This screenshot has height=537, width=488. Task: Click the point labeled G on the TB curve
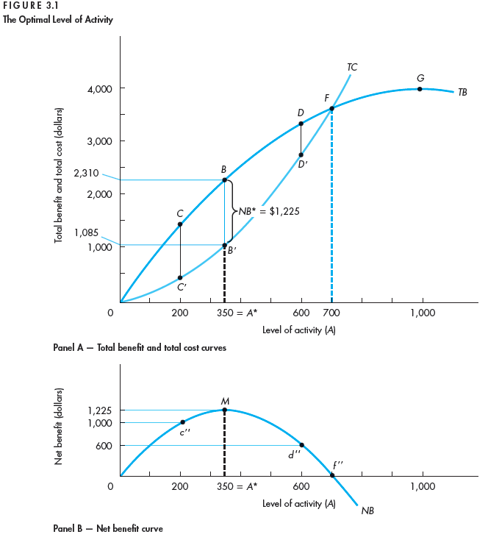pos(420,89)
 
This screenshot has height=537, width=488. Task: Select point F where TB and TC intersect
pos(331,108)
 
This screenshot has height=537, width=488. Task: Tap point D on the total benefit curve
pos(301,124)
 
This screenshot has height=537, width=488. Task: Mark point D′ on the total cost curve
pos(301,154)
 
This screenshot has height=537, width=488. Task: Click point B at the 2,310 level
pos(224,179)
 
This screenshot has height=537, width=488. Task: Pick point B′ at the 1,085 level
pos(224,245)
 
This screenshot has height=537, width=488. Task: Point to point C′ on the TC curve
pos(180,277)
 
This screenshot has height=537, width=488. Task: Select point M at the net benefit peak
pos(224,410)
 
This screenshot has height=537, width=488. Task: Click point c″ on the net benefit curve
pos(182,422)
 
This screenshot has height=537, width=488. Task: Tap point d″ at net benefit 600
pos(301,445)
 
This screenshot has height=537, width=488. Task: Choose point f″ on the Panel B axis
pos(332,475)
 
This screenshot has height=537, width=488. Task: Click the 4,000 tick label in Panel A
pos(98,89)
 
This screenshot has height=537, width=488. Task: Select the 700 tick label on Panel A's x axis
pos(331,313)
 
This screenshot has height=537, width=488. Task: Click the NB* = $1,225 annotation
pos(268,210)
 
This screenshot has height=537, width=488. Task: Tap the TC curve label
pos(352,67)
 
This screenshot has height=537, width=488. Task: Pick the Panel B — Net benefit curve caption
pos(108,528)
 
